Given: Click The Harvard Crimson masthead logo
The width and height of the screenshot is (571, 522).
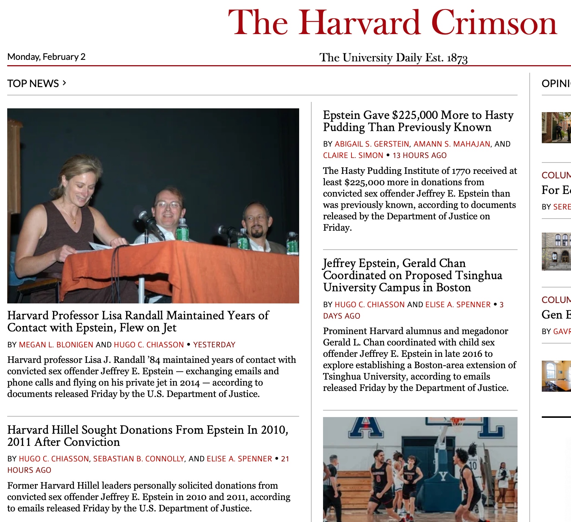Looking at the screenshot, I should pyautogui.click(x=392, y=23).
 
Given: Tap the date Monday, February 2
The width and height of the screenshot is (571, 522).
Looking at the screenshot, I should pyautogui.click(x=46, y=57).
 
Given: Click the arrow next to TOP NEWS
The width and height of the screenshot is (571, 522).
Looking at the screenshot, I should pyautogui.click(x=64, y=83).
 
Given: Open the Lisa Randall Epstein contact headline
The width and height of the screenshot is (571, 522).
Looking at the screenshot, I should pyautogui.click(x=138, y=321).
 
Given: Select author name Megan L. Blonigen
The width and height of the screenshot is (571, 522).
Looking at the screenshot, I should pyautogui.click(x=56, y=345).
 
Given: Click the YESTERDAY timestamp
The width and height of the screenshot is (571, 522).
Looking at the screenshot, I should pyautogui.click(x=214, y=345).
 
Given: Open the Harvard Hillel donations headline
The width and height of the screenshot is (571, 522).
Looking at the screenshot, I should pyautogui.click(x=147, y=436).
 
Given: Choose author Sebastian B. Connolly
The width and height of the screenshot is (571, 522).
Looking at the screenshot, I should pyautogui.click(x=139, y=459).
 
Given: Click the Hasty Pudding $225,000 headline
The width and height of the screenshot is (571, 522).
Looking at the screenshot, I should pyautogui.click(x=418, y=121).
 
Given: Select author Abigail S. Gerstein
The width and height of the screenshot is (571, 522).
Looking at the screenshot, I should pyautogui.click(x=372, y=144).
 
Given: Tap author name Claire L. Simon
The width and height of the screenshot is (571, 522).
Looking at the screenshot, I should pyautogui.click(x=353, y=155).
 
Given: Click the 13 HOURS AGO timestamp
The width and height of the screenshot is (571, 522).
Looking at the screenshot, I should pyautogui.click(x=420, y=155).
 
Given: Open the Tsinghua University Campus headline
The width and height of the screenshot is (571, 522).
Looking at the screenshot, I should pyautogui.click(x=413, y=275).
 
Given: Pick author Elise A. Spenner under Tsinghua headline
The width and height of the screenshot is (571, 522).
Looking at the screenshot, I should pyautogui.click(x=458, y=305).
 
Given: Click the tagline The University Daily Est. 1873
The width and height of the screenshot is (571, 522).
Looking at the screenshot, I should pyautogui.click(x=393, y=58).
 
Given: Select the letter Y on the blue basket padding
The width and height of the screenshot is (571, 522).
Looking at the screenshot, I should pyautogui.click(x=443, y=476).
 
